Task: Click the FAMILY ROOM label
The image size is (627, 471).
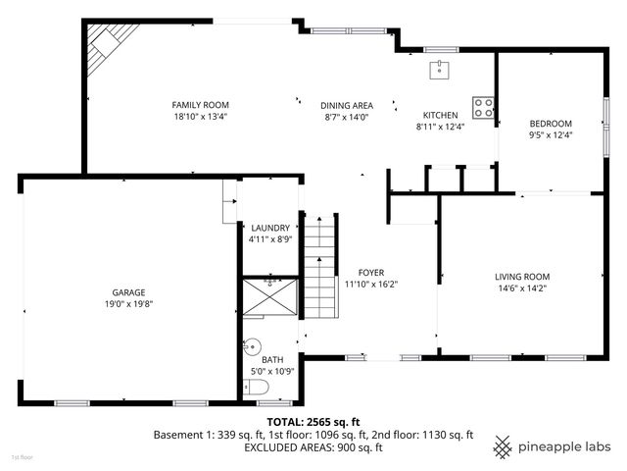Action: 200,105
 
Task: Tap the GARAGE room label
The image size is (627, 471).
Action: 128,292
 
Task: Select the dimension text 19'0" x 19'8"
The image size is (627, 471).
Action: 128,304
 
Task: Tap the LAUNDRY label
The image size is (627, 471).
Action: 269,228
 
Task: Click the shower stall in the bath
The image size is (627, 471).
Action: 269,297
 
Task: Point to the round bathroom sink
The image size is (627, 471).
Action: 252,345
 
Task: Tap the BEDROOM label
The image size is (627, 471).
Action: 550,124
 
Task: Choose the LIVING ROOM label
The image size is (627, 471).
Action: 521,277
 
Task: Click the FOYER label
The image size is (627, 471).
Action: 370,273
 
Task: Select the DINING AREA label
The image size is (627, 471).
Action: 347,105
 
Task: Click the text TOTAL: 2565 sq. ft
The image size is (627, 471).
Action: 313,421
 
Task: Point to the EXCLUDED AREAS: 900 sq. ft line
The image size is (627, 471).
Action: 313,447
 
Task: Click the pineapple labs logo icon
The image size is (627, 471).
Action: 504,445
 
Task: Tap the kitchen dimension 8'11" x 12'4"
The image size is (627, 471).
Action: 441,126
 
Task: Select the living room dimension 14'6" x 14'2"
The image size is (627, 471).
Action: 521,288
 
